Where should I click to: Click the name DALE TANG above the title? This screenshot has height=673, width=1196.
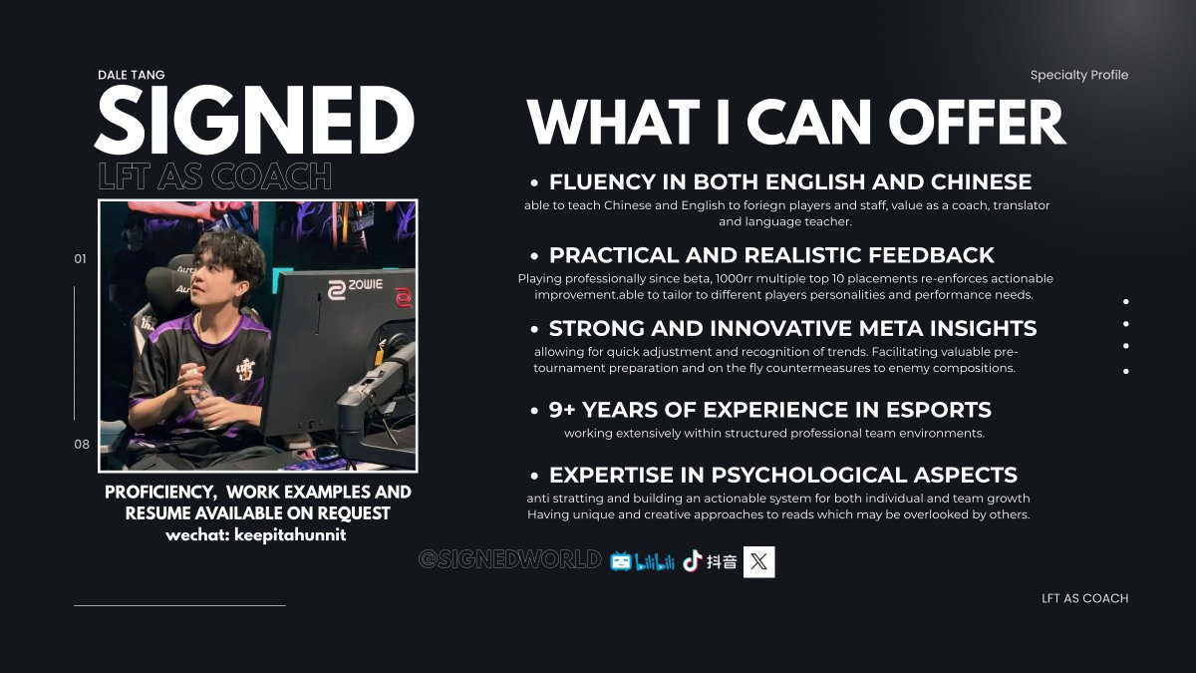(131, 75)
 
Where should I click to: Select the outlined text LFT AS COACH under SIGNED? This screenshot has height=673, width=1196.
(214, 176)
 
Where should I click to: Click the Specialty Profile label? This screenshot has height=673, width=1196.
(1078, 75)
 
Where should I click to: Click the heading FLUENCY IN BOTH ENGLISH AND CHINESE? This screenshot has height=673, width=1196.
(789, 182)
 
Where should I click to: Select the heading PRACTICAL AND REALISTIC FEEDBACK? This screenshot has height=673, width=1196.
(771, 255)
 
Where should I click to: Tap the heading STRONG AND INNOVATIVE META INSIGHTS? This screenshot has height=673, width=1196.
(792, 328)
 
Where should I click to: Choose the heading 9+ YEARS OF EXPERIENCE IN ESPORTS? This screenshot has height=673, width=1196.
(769, 410)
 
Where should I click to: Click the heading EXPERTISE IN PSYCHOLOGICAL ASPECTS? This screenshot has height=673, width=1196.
(782, 475)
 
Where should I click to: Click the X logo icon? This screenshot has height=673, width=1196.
(758, 561)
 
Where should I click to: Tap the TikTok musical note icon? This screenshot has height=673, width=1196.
(692, 561)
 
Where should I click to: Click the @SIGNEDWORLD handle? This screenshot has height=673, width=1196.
(509, 560)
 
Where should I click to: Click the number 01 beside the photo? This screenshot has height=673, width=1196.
(81, 259)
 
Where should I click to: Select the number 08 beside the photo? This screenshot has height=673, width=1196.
(81, 445)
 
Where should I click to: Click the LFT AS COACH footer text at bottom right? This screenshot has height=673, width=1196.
(1084, 598)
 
